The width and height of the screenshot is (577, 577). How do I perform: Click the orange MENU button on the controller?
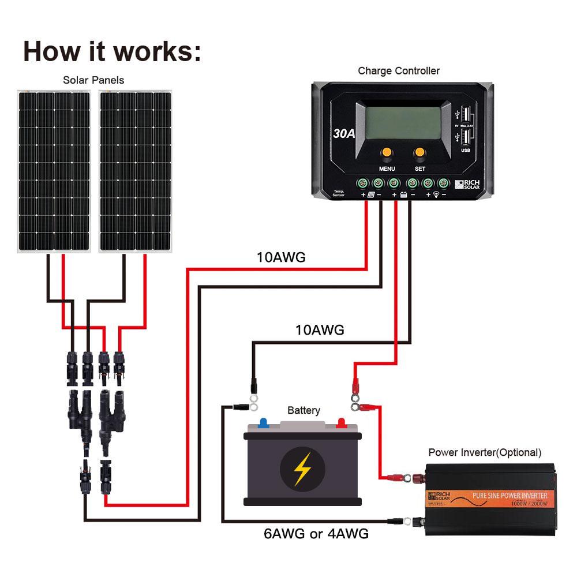386,152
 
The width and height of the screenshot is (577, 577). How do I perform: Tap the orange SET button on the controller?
419,152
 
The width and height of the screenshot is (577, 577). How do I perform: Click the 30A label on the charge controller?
344,133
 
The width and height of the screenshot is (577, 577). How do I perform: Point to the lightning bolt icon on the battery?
302,469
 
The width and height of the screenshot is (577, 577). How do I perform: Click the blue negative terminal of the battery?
264,422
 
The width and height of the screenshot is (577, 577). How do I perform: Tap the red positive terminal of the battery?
341,422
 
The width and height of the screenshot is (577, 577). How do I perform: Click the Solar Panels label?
93,80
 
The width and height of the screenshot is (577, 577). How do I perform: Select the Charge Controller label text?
399,71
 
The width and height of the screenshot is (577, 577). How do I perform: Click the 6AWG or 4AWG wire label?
316,533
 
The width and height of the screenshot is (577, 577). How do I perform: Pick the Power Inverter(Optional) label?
485,452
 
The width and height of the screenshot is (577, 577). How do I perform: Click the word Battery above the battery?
304,410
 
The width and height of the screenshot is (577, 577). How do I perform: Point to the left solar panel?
54,171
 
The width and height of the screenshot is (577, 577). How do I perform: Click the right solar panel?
136,171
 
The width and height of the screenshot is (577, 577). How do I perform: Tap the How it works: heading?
113,51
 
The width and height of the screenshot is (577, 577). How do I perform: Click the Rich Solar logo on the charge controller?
467,184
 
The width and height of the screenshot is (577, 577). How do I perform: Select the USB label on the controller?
465,151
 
